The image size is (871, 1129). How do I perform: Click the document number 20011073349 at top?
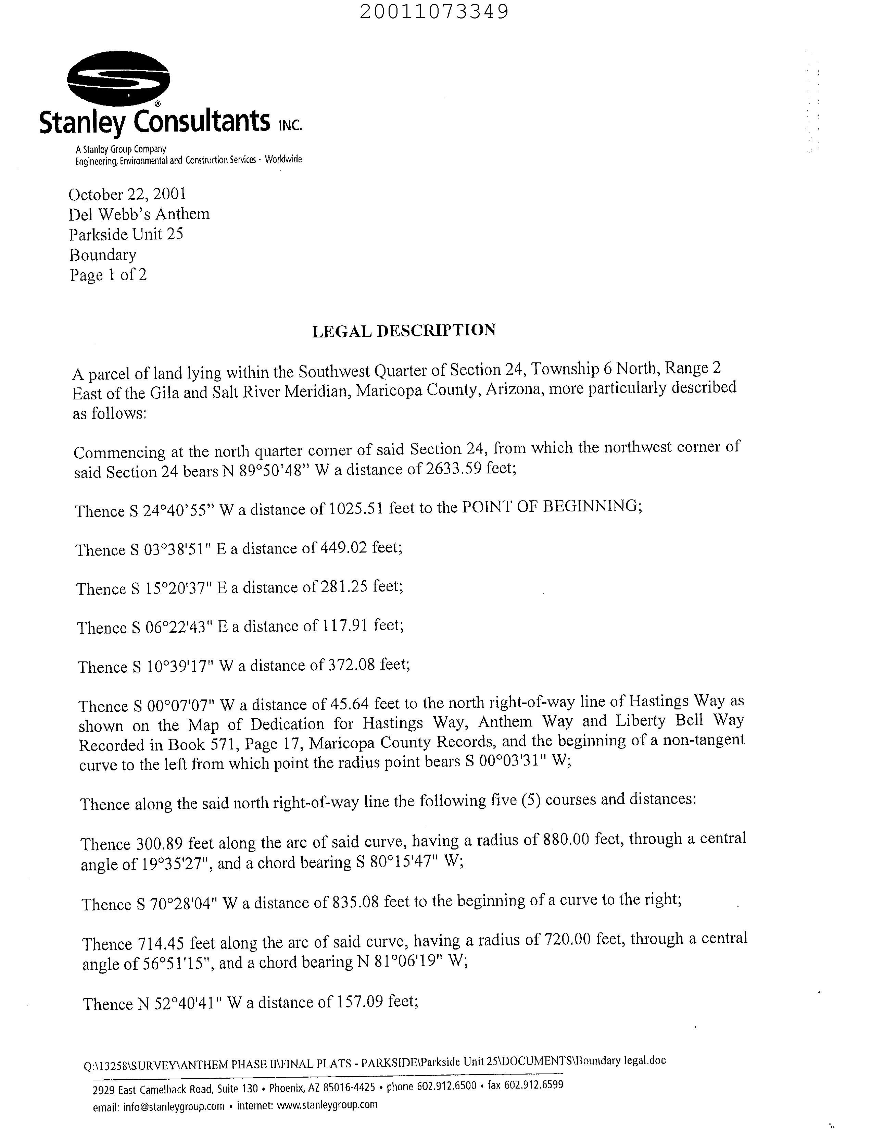click(x=434, y=11)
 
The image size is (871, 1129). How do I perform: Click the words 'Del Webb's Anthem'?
click(x=139, y=214)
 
